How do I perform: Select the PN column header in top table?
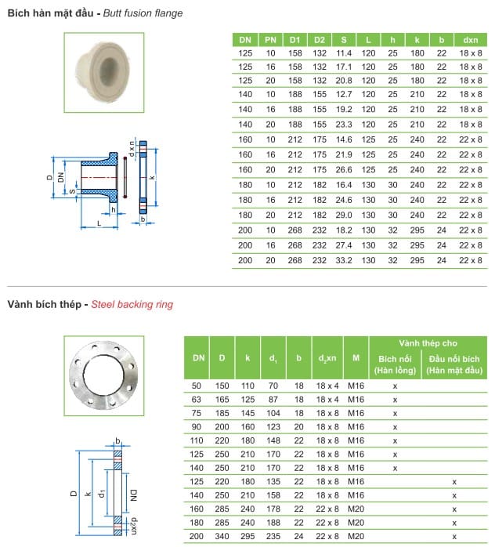point(270,39)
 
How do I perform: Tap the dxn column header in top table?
point(471,39)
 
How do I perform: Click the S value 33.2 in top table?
point(344,259)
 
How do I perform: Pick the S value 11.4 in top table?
point(344,53)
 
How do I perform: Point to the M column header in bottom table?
point(356,358)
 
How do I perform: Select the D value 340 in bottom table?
point(222,536)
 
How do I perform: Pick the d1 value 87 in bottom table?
point(273,399)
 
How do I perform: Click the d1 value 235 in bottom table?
point(273,536)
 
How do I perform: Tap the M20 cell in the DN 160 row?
point(356,508)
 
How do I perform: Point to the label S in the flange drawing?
point(70,190)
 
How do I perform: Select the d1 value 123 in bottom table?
point(273,427)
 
